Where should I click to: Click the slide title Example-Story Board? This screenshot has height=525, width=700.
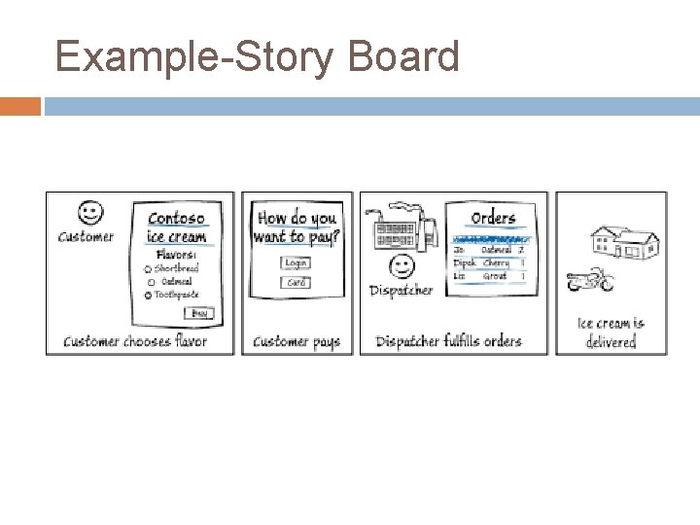pos(258,56)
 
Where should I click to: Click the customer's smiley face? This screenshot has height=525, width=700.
pos(88,211)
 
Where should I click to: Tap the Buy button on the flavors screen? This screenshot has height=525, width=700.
pos(199,313)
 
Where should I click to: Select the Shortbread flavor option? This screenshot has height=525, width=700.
pos(148,268)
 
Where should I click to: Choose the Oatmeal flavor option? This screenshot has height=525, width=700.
pos(151,282)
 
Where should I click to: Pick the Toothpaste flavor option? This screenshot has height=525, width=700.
pos(148,295)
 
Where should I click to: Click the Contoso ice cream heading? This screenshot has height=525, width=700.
pos(176,227)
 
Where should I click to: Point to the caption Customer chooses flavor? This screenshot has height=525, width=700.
pos(135,341)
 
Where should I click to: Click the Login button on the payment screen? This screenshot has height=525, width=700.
pos(296,262)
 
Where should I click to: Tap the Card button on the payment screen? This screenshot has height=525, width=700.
pos(296,283)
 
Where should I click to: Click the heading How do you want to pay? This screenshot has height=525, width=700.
pos(295,227)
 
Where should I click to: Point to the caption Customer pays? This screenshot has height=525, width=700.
pos(297,341)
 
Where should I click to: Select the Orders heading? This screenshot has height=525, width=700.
pos(492,218)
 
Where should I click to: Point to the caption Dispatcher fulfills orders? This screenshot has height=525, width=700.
pos(448,341)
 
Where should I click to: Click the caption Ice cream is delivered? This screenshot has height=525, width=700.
pos(611,332)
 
